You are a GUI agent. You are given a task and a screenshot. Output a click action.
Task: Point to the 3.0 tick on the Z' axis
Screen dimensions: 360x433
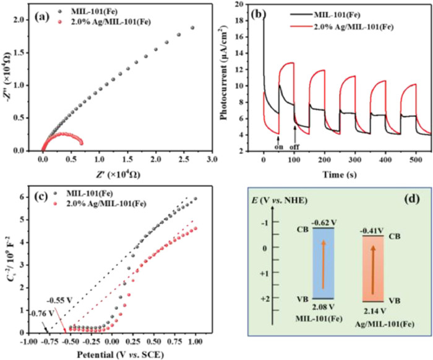[x=212, y=160]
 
